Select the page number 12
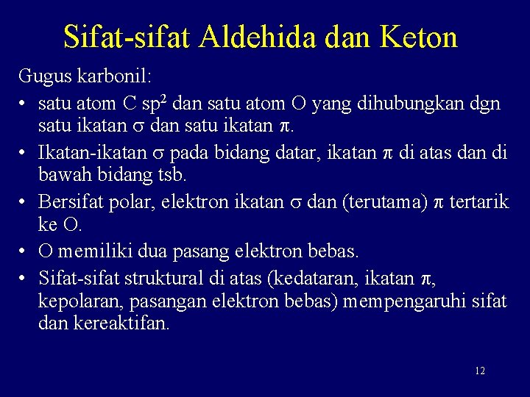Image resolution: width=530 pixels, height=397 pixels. tap(479, 371)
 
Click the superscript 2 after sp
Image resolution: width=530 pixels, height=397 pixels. tap(184, 97)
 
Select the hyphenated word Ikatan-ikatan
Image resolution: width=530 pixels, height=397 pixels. tap(88, 152)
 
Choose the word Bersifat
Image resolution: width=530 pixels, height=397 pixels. tap(71, 201)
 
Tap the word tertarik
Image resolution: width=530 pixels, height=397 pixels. tap(477, 201)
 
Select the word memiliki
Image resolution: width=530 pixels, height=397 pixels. tap(92, 251)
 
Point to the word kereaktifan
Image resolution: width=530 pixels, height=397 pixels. tap(121, 324)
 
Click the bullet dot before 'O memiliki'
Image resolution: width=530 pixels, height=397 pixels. tap(24, 251)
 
